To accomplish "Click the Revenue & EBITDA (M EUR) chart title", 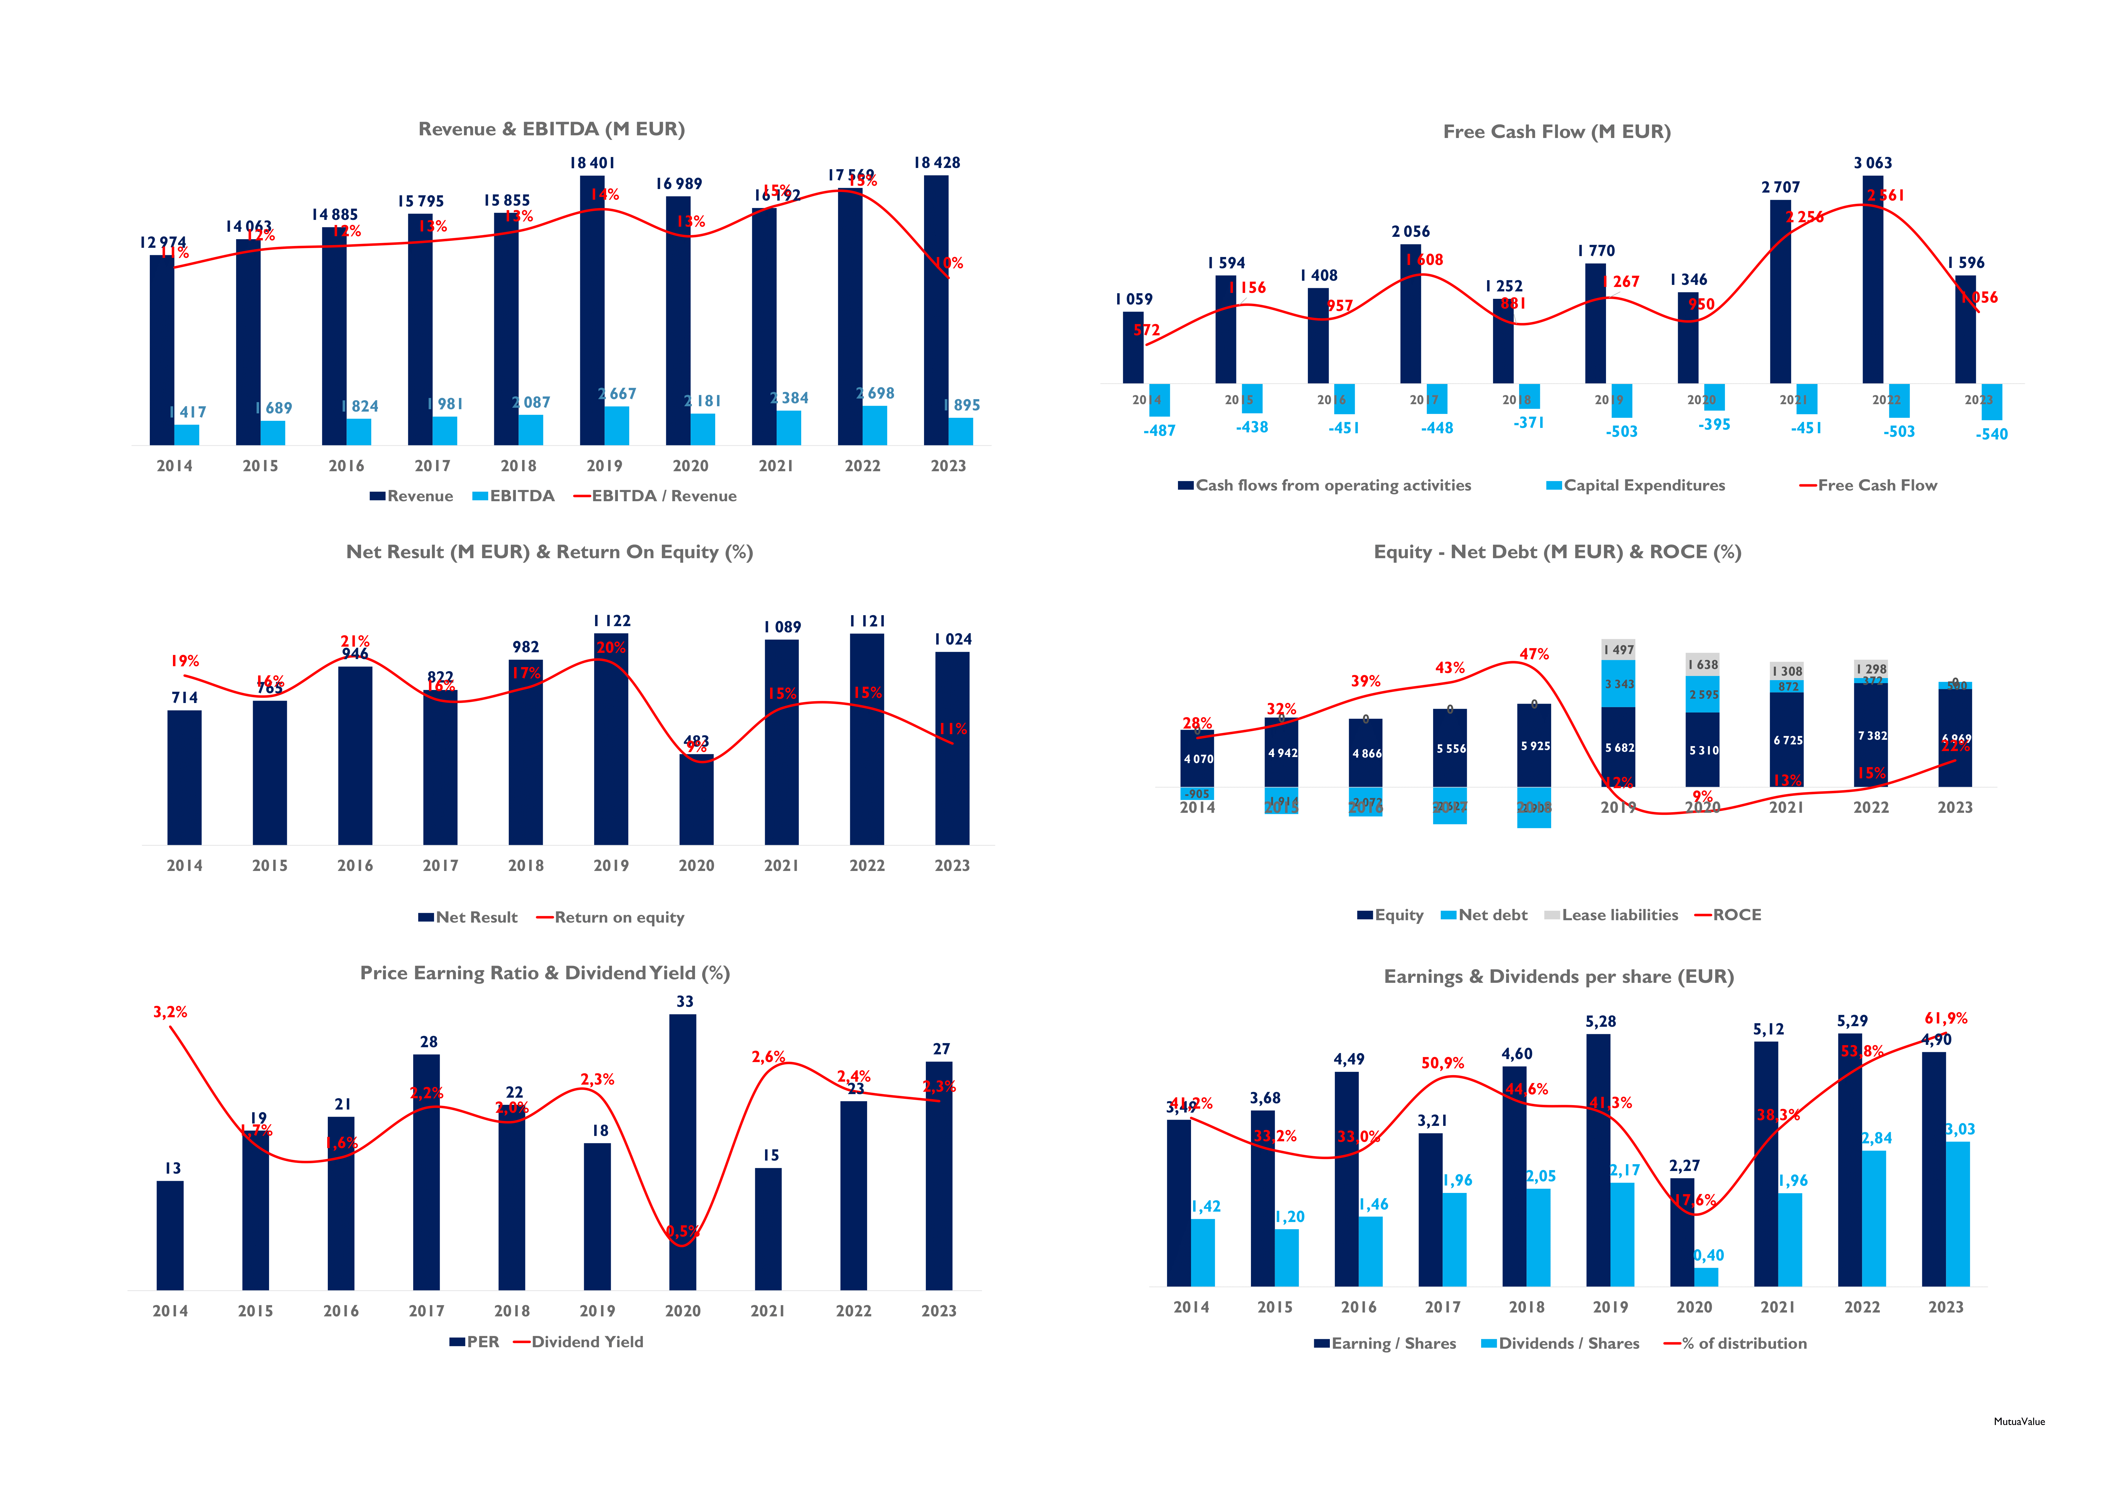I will pos(551,129).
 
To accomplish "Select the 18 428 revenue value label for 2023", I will pos(936,163).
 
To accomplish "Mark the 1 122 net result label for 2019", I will pos(612,621).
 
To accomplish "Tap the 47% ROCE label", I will pos(1535,654).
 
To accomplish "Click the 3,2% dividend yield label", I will pos(170,1012).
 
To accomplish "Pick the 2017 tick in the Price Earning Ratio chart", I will pos(427,1311).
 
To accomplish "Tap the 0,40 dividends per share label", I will pos(1708,1255).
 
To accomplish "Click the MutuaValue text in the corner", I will pos(2019,1422).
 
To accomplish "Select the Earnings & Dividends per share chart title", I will pos(1558,977).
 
